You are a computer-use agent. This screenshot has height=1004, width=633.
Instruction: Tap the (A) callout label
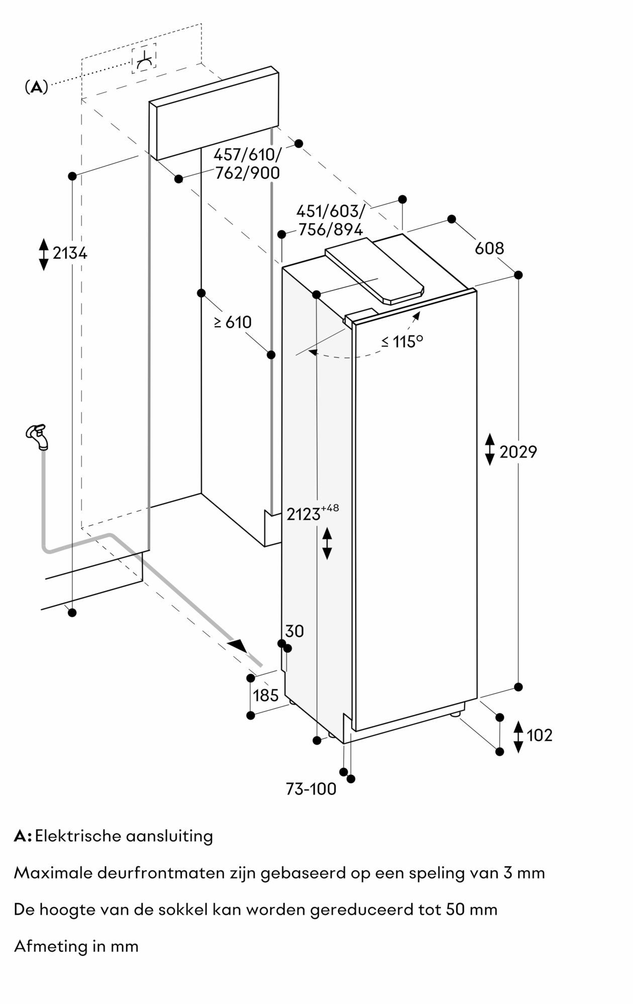[x=36, y=87]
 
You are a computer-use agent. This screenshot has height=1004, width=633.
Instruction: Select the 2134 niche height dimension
[x=70, y=254]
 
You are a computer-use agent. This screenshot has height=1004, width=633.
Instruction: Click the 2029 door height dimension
[x=517, y=452]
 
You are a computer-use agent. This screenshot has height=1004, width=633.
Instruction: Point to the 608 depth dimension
[x=489, y=248]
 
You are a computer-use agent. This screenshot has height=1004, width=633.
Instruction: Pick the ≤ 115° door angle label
[x=401, y=342]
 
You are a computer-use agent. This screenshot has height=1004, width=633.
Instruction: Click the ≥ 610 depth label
[x=233, y=322]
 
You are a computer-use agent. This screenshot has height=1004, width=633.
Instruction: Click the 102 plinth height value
[x=539, y=735]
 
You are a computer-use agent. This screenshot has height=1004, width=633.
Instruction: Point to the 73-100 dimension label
[x=311, y=789]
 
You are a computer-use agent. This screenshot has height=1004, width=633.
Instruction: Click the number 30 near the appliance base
[x=294, y=631]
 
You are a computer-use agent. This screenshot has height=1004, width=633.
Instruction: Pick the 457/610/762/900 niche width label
[x=247, y=164]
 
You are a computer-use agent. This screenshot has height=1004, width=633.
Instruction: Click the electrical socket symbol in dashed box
[x=144, y=59]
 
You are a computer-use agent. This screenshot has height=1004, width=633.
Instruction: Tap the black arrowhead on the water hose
[x=238, y=646]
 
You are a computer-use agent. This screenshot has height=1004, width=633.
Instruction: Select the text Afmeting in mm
[x=76, y=946]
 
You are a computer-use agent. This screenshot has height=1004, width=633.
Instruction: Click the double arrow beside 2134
[x=44, y=254]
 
